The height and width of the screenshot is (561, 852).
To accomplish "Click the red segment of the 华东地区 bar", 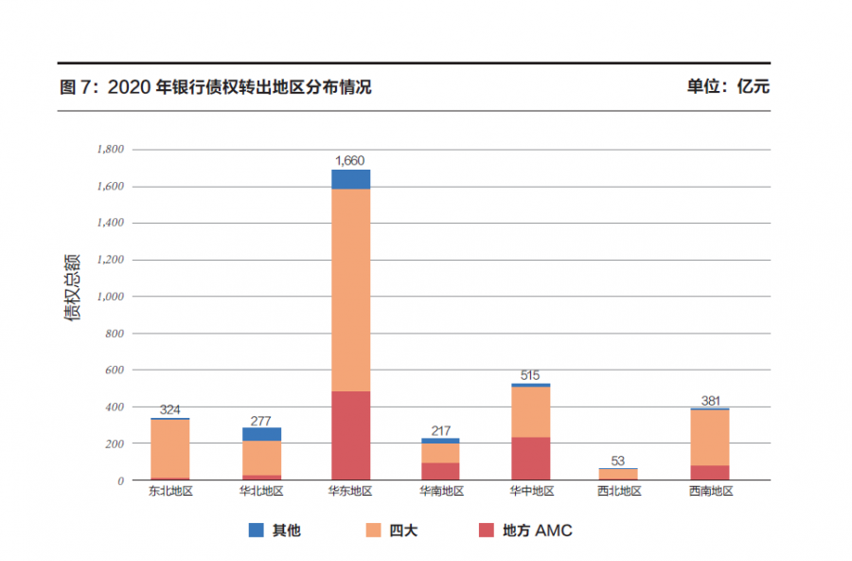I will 350,435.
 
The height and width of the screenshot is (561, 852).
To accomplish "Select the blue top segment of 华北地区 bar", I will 261,434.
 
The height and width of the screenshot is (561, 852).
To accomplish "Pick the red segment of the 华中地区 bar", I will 531,459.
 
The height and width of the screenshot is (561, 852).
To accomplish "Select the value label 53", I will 618,461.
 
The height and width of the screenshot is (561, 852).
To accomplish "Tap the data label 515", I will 530,375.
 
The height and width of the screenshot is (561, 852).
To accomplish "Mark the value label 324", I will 170,409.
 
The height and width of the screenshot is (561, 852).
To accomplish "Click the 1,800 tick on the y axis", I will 111,149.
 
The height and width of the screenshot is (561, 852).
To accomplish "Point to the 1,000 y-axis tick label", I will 111,297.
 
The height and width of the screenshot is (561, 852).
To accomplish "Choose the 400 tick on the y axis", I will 115,407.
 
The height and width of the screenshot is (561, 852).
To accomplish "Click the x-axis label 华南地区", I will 441,492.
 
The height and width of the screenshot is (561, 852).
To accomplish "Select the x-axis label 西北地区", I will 619,492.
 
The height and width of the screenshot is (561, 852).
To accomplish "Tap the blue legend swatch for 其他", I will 257,531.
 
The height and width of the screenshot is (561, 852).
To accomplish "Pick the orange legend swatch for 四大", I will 374,531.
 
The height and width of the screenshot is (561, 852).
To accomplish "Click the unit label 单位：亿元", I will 728,87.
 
